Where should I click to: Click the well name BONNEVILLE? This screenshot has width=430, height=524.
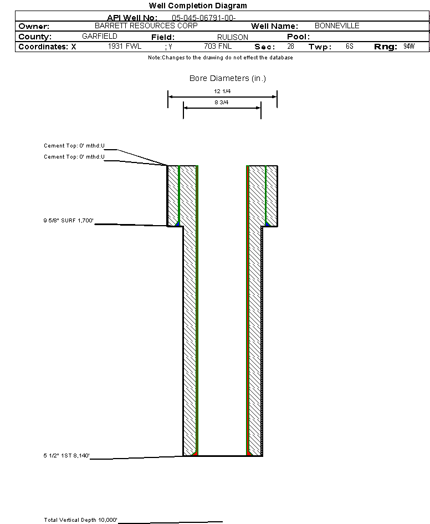point(337,26)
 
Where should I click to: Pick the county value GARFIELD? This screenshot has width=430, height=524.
point(100,36)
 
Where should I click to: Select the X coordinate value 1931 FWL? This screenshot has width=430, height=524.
point(125,47)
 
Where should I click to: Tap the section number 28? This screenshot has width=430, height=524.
point(290,47)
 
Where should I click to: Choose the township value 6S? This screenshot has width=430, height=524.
point(349,47)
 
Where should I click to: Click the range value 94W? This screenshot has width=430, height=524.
point(409,47)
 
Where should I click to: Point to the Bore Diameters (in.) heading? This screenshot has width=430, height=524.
point(228,79)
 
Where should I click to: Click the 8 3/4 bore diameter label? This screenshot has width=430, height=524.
point(222,103)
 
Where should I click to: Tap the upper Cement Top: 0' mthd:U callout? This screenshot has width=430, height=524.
point(74,146)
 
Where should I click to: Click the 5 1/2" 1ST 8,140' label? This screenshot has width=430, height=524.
point(66,456)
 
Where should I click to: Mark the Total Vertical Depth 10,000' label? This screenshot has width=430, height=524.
point(81,520)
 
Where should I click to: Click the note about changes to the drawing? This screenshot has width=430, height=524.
point(220,58)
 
